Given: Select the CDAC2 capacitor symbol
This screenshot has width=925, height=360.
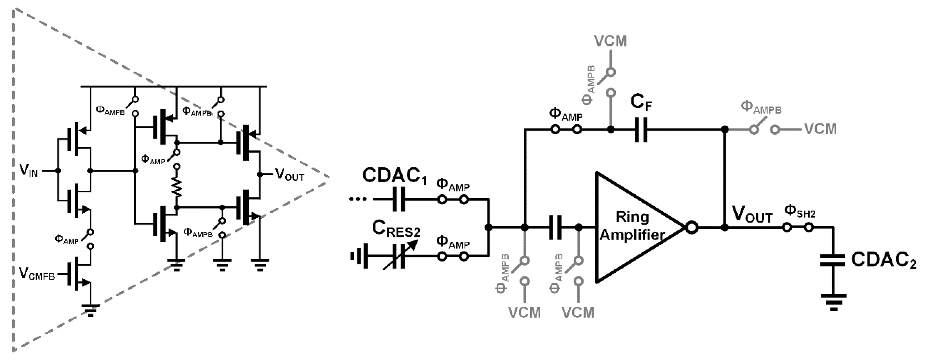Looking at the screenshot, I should [833, 260].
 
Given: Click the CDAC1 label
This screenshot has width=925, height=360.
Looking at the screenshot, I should [394, 176].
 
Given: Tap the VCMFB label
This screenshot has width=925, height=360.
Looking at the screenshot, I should [37, 274].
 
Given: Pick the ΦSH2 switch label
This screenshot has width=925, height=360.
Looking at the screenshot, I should [800, 211].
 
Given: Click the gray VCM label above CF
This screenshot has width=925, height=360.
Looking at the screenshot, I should [610, 41].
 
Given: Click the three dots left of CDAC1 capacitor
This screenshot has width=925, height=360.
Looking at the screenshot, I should [358, 199].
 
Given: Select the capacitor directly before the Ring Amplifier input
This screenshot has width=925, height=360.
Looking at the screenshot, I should [555, 227].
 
